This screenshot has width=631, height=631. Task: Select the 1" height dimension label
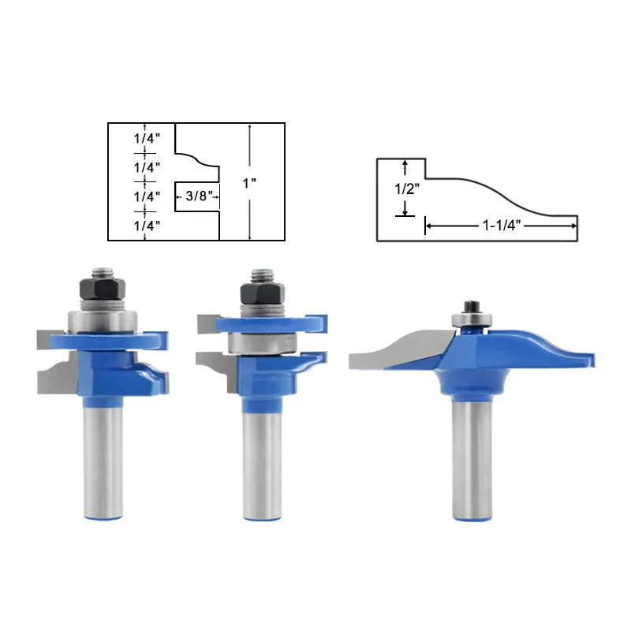click(250, 183)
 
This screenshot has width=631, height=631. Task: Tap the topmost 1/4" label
click(147, 137)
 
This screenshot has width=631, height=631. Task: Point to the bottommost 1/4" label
click(147, 226)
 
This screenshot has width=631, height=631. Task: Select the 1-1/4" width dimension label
click(501, 226)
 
